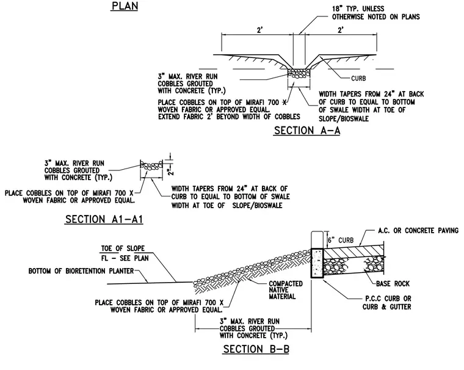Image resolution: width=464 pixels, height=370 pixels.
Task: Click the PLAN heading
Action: [x=125, y=6]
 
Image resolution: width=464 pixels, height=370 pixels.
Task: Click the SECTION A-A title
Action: [x=307, y=131]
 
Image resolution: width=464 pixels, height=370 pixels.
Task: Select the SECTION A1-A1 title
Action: [x=104, y=219]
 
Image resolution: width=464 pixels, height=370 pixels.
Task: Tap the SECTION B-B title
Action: [x=256, y=349]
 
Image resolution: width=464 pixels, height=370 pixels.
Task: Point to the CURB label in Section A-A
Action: [x=358, y=78]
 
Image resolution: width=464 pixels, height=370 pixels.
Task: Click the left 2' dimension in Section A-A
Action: [x=260, y=30]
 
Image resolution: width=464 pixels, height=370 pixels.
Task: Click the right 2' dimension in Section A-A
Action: [x=341, y=30]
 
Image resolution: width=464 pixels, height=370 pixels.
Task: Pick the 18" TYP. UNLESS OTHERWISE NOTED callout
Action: [x=376, y=13]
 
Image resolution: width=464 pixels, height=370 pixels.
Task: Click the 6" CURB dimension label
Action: [x=341, y=241]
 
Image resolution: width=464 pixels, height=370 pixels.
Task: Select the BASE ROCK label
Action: [x=393, y=283]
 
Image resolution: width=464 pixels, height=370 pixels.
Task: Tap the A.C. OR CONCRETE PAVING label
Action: [x=418, y=230]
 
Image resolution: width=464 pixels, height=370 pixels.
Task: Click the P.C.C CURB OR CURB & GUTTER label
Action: [x=386, y=302]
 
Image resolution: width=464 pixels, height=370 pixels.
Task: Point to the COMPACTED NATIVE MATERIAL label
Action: [x=286, y=290]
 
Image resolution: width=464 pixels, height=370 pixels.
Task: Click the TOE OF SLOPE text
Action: [x=123, y=248]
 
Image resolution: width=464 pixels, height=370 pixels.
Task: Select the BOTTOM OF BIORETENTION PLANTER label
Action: [x=81, y=271]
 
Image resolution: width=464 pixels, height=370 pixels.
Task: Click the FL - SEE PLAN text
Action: [x=125, y=258]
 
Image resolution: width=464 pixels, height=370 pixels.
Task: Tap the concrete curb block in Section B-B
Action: [x=317, y=263]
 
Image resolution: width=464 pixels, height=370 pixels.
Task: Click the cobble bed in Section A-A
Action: [x=299, y=73]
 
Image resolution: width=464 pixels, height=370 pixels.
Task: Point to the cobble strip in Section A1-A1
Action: [x=151, y=165]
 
